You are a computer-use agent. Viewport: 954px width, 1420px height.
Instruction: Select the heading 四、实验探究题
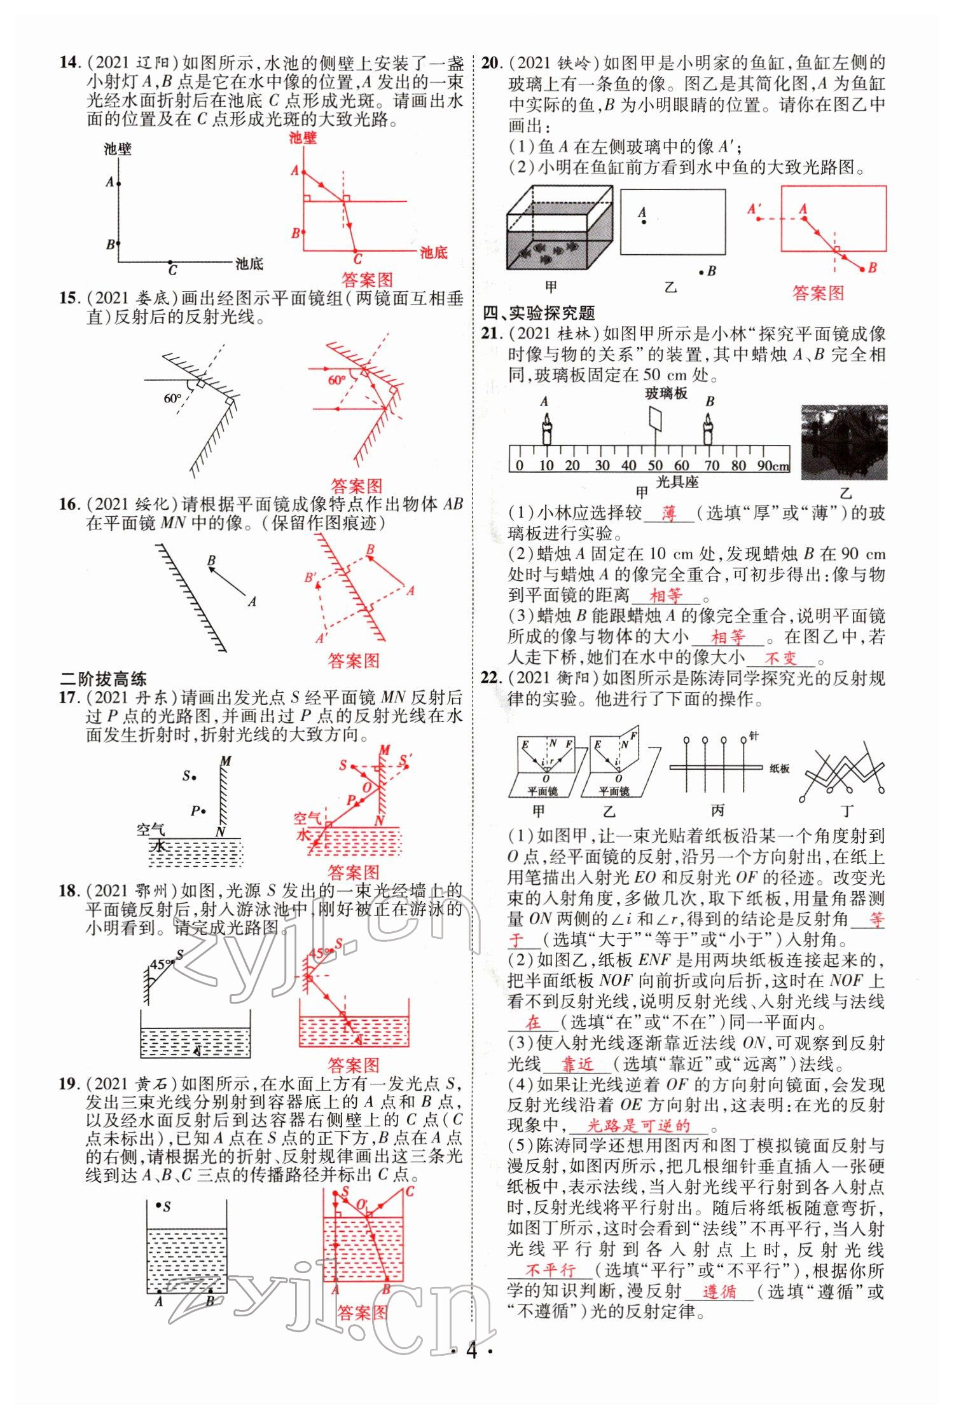coord(539,313)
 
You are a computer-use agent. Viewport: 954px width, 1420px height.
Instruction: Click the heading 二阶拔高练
coord(103,678)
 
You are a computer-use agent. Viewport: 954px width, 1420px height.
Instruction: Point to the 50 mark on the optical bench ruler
coord(655,466)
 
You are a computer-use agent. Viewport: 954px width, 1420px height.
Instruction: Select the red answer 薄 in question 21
coord(668,513)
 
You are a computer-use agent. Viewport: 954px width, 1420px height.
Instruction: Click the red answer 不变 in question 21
coord(780,658)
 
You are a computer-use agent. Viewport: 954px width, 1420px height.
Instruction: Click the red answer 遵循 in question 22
coord(719,1291)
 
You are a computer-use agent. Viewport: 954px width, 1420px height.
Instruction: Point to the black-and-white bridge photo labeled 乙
coord(843,442)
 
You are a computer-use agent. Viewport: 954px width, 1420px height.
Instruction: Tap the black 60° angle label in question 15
coord(172,399)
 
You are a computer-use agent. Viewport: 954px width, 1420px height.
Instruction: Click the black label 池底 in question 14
coord(249,263)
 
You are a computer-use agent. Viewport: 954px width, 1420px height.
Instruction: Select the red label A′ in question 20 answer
coord(755,209)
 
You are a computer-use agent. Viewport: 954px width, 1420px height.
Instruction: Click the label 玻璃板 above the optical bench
coord(666,393)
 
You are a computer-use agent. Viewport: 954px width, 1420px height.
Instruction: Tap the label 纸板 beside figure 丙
coord(779,768)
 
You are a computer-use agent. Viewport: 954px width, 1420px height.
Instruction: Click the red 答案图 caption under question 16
coord(353,660)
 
